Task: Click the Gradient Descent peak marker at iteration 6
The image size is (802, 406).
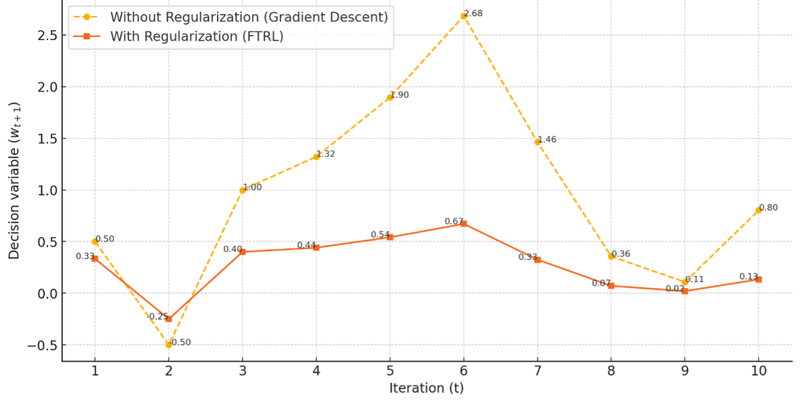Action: click(463, 16)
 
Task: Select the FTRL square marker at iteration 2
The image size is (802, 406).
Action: click(168, 319)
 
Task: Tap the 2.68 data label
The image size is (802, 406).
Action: click(473, 13)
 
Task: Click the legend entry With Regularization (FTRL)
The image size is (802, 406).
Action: click(197, 36)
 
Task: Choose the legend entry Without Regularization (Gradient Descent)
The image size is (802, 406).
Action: click(249, 16)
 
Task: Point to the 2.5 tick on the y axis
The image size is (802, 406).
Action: click(43, 35)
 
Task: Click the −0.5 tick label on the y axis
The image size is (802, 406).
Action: click(39, 345)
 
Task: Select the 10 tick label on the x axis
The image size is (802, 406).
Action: click(758, 371)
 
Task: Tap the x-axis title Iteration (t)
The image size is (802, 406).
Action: click(426, 388)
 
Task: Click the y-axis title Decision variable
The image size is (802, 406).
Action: click(15, 180)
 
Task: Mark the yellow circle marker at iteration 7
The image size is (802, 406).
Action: click(537, 142)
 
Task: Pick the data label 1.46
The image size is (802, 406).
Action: click(547, 140)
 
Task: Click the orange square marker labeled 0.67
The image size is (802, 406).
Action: click(464, 224)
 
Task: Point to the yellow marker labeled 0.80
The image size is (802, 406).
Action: click(759, 210)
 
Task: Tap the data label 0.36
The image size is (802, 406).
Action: click(621, 254)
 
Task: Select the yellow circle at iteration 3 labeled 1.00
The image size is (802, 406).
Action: click(243, 190)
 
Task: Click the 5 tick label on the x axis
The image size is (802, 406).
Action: click(390, 371)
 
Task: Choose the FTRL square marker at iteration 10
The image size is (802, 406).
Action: click(759, 279)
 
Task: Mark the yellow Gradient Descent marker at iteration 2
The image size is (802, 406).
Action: click(168, 345)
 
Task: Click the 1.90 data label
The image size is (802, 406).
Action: click(400, 95)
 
